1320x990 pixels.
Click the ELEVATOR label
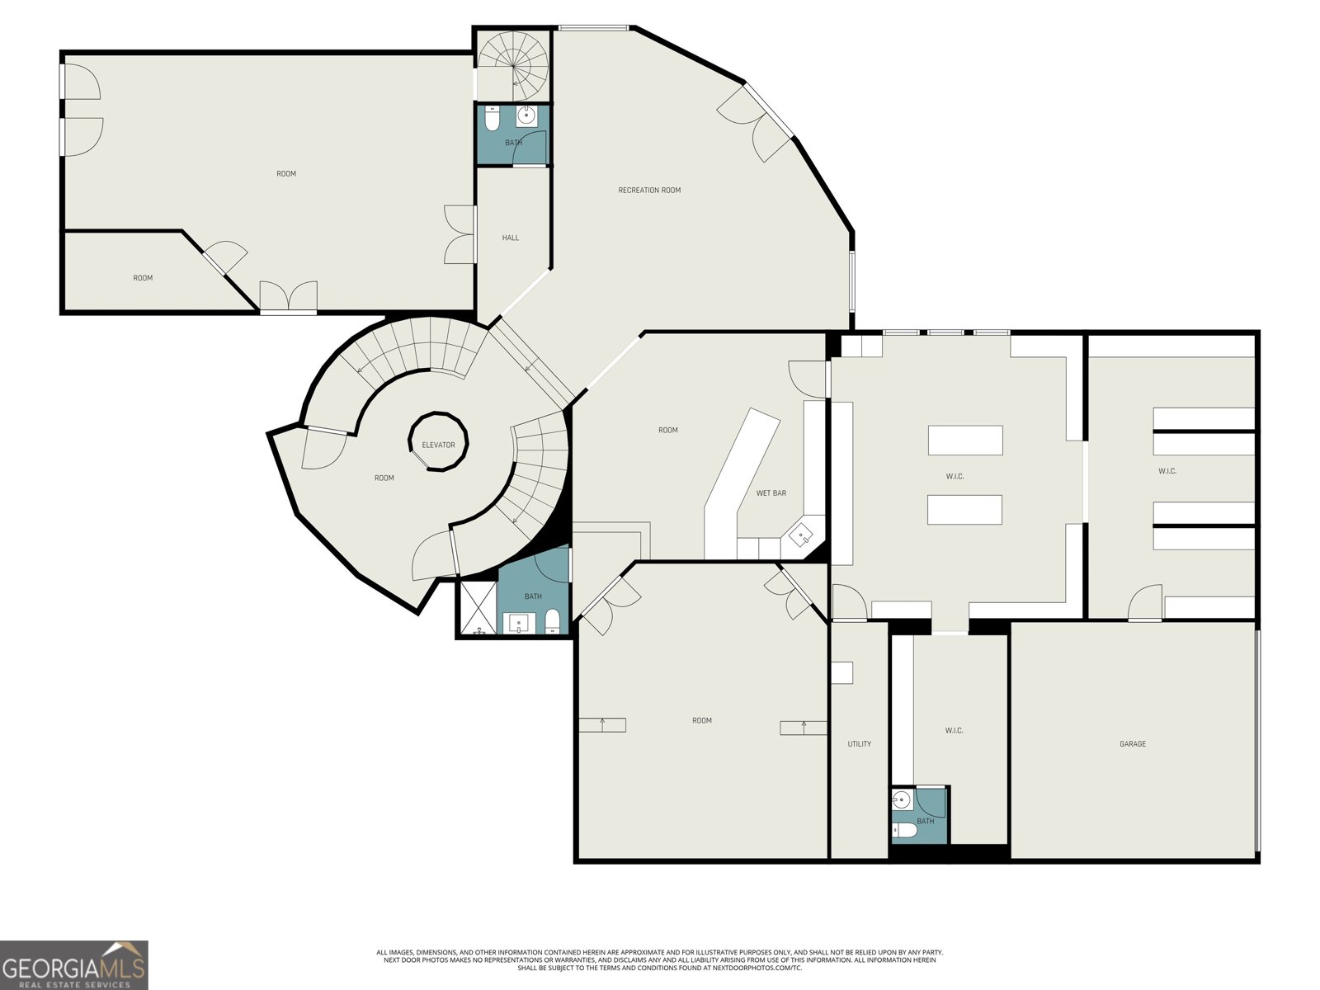pyautogui.click(x=438, y=445)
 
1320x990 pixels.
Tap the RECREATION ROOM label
pyautogui.click(x=649, y=191)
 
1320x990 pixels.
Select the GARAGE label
pyautogui.click(x=1132, y=744)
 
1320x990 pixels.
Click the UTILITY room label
pyautogui.click(x=859, y=744)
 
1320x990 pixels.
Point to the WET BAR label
pyautogui.click(x=771, y=493)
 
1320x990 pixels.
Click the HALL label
pyautogui.click(x=511, y=238)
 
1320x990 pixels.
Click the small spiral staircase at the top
pyautogui.click(x=513, y=64)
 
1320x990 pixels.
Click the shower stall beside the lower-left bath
pyautogui.click(x=478, y=608)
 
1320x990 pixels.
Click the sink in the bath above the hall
pyautogui.click(x=526, y=116)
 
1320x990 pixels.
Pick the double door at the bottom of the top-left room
pyautogui.click(x=288, y=297)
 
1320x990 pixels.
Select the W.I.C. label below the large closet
pyautogui.click(x=954, y=731)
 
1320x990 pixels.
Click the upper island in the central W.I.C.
pyautogui.click(x=965, y=440)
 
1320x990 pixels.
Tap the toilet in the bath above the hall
pyautogui.click(x=491, y=120)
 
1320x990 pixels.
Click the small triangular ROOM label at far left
pyautogui.click(x=143, y=278)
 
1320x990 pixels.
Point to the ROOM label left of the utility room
pyautogui.click(x=701, y=721)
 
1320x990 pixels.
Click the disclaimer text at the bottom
pyautogui.click(x=660, y=959)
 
